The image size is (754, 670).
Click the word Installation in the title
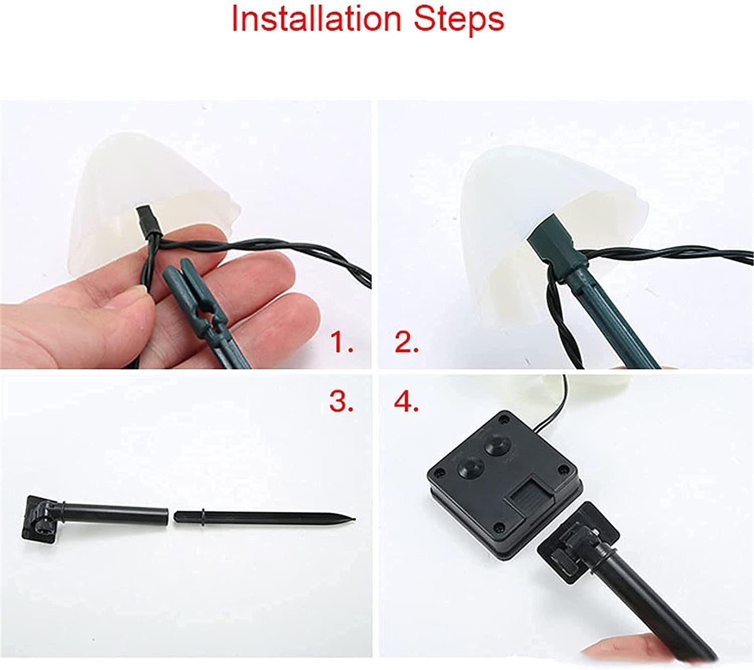click(x=316, y=20)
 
